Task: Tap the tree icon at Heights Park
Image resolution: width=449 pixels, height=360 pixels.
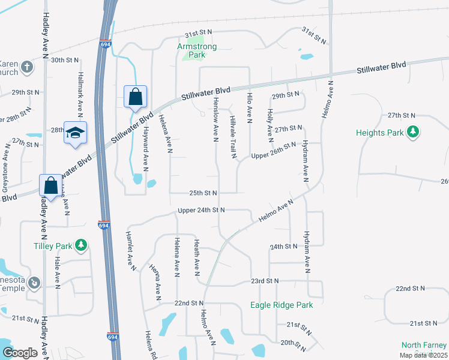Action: (x=412, y=131)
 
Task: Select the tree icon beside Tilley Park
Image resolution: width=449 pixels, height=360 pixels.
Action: (x=81, y=245)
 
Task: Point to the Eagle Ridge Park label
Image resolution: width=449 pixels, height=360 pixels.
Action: (x=282, y=305)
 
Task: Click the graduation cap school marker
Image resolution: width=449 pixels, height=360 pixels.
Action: (x=76, y=133)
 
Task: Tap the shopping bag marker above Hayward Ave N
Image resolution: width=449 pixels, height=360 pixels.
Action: (x=136, y=96)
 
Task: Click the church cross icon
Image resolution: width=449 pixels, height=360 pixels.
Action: (x=26, y=67)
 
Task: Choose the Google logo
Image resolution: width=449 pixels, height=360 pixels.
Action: (x=20, y=353)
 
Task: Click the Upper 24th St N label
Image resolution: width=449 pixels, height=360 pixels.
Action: (x=201, y=210)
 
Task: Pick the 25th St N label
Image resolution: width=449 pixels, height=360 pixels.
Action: (x=203, y=193)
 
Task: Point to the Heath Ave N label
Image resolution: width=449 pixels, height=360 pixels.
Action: (x=196, y=256)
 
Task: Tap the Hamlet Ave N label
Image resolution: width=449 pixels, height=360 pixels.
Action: (x=130, y=251)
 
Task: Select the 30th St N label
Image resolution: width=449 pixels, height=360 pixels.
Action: (x=65, y=60)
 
